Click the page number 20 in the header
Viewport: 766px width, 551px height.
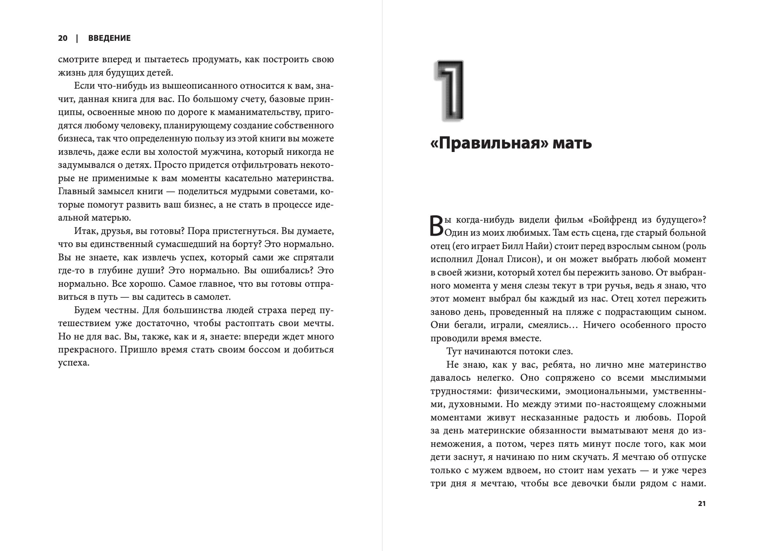click(x=63, y=38)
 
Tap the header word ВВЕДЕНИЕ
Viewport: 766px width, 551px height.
click(x=109, y=38)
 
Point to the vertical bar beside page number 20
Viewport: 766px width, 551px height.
click(x=77, y=38)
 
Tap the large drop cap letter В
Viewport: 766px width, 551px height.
click(x=437, y=226)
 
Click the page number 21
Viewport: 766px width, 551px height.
click(x=702, y=503)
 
